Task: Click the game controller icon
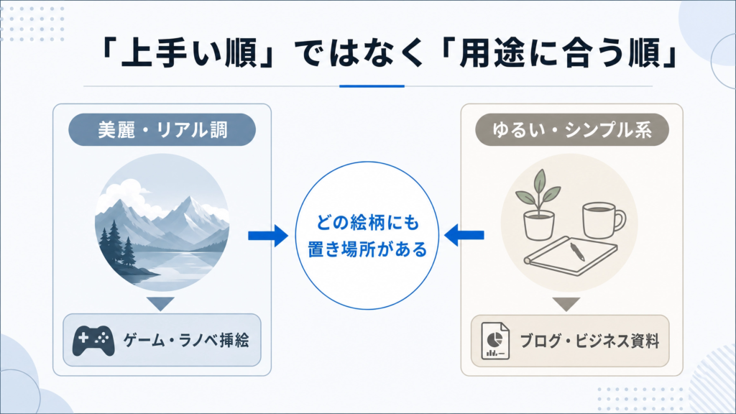(x=93, y=340)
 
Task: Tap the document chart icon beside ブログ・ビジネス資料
(x=495, y=341)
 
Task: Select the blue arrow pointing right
(x=268, y=236)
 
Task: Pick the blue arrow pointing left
(x=464, y=235)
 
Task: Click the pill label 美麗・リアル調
(x=162, y=129)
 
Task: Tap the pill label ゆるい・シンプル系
(x=571, y=129)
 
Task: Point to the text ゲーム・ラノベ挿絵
(x=186, y=340)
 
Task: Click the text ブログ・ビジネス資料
(x=589, y=341)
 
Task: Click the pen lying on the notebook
(x=577, y=251)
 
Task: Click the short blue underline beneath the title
(x=372, y=86)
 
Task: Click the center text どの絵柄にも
(x=367, y=223)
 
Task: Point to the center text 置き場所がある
(x=367, y=249)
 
